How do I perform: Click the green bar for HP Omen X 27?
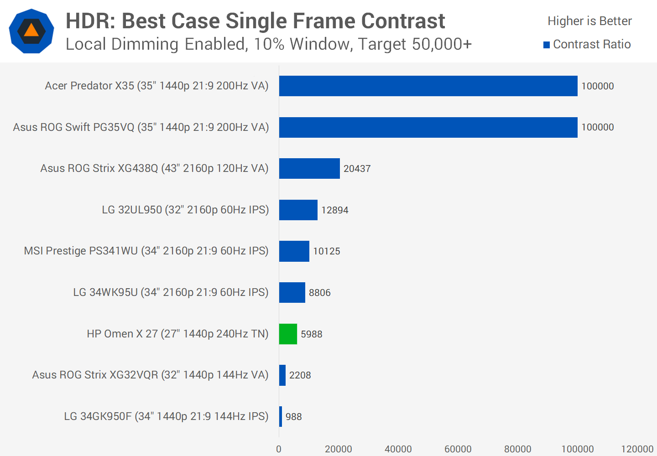point(288,334)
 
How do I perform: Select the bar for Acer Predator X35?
point(428,86)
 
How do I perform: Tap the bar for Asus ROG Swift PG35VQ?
point(428,127)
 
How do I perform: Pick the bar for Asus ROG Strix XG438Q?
point(309,168)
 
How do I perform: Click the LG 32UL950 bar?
point(298,210)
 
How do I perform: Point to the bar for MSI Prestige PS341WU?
point(294,251)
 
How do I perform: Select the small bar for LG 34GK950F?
point(281,416)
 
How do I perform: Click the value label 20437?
point(357,169)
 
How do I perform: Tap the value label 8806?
point(319,293)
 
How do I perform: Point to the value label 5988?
point(311,334)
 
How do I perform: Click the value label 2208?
point(300,375)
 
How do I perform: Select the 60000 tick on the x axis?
point(458,449)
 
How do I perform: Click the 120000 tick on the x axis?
point(637,449)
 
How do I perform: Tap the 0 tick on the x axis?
point(279,449)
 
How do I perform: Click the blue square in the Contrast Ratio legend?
point(547,45)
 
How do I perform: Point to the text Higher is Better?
point(589,21)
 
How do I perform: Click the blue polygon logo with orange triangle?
point(31,31)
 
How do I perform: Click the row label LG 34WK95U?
point(171,292)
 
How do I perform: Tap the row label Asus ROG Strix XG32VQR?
point(150,375)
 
